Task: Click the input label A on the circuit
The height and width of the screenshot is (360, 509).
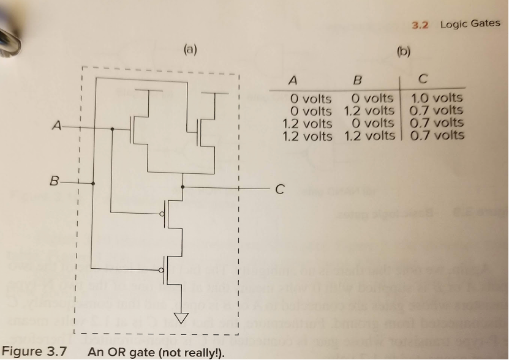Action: pos(56,127)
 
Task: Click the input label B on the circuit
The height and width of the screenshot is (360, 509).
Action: pos(55,182)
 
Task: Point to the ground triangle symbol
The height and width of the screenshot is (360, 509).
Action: pos(181,318)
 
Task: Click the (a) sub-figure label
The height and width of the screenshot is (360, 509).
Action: pos(190,50)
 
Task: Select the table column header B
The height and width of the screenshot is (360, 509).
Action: pos(358,80)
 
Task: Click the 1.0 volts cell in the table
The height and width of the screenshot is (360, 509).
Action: pos(437,98)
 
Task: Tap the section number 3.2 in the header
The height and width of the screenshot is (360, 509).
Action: pos(420,24)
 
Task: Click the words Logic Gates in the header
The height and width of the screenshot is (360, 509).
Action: pos(470,24)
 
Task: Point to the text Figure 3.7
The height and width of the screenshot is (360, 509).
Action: pos(34,352)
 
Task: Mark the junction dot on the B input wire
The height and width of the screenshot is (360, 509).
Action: pos(92,182)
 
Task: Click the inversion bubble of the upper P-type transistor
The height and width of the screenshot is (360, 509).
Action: pos(162,214)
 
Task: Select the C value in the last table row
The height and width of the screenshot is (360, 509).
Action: pos(437,135)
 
